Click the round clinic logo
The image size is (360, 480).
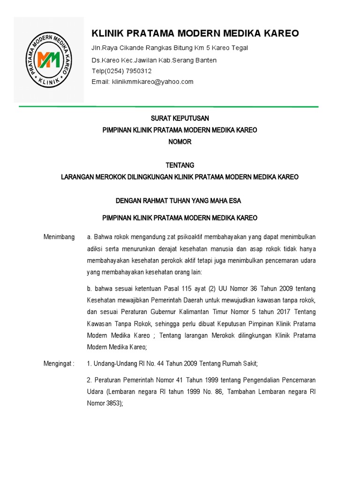[49, 60]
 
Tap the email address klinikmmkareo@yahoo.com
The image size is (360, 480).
[152, 82]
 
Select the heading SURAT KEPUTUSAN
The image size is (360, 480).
[180, 118]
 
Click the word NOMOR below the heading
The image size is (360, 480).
[180, 142]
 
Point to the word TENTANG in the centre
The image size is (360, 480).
[180, 165]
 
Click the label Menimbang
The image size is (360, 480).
[59, 237]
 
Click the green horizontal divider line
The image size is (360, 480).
[169, 107]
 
